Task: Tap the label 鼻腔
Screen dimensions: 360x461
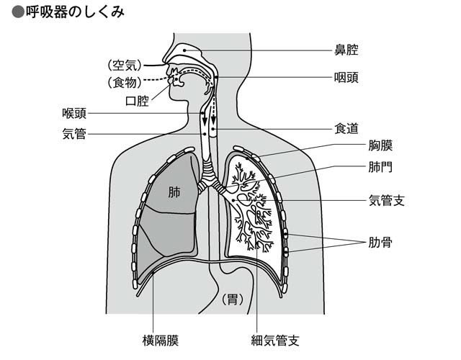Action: [346, 50]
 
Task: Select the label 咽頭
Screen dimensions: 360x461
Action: [346, 77]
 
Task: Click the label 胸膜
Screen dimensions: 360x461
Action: [380, 147]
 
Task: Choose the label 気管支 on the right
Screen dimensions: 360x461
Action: [387, 199]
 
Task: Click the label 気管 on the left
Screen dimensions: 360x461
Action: [75, 134]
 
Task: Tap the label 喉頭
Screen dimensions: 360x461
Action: [75, 113]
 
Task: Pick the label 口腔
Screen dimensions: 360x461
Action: [137, 101]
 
